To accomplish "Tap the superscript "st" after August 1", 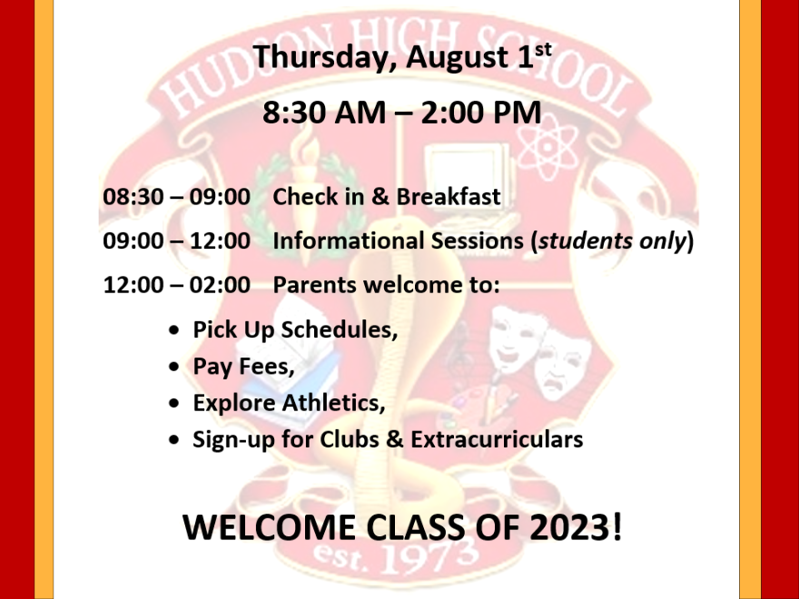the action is pos(543,50).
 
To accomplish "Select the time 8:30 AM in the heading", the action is pos(324,113).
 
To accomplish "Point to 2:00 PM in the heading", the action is pos(481,113).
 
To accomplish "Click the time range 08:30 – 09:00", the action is pos(177,197).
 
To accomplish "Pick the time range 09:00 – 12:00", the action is pos(177,241).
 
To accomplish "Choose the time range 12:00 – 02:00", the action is pos(177,285).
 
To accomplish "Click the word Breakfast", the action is pos(449,197).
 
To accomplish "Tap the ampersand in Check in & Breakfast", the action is pos(380,197).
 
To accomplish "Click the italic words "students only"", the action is pos(612,241).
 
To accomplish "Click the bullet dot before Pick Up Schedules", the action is pos(174,330).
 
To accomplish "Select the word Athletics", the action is pos(334,403).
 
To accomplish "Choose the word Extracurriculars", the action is pos(497,439).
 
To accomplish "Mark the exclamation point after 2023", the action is pos(617,526).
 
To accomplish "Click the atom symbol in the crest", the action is pos(547,147).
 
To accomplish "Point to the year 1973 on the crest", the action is pos(429,557).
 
